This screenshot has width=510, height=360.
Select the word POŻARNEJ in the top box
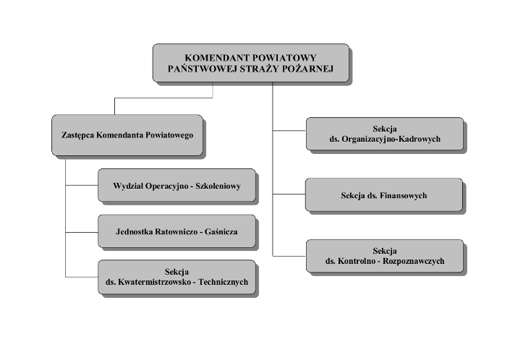305,69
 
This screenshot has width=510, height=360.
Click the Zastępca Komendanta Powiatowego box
127,134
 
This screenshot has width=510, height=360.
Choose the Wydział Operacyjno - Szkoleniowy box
177,186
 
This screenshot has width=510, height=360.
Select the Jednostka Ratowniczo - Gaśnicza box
177,232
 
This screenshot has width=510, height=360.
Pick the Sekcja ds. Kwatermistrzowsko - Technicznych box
177,277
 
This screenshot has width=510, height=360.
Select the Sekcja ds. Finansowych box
383,195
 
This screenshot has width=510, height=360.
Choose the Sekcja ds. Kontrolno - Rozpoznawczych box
383,256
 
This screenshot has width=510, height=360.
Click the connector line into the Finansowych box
289,194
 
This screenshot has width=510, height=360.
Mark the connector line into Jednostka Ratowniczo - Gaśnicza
81,232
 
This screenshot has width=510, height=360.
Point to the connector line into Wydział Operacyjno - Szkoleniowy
81,186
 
